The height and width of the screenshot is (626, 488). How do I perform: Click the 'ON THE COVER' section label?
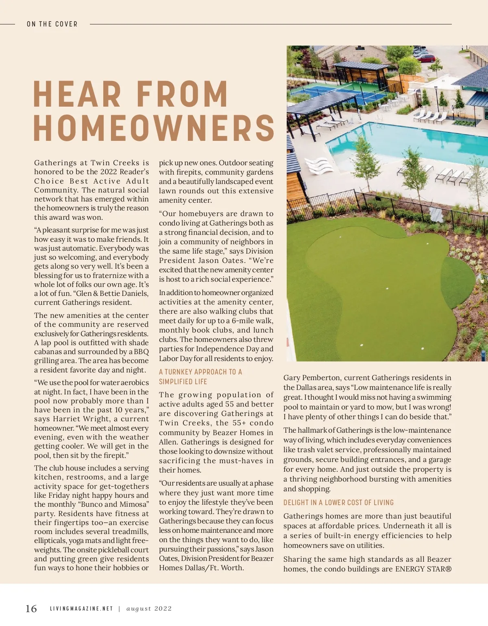tap(52, 24)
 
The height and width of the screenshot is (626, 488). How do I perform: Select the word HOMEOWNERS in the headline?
tap(154, 127)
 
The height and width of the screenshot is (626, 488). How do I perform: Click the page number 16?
tap(31, 608)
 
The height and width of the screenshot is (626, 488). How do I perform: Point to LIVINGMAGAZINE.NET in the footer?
tap(81, 609)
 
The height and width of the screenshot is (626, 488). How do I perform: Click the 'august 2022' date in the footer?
tap(149, 609)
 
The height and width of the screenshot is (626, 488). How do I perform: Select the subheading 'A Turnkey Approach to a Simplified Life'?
tap(200, 376)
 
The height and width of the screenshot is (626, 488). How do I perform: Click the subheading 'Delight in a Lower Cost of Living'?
tap(338, 503)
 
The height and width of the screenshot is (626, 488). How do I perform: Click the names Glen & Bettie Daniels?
tap(113, 293)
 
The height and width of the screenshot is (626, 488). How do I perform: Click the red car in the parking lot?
tap(426, 59)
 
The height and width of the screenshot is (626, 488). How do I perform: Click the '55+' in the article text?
tap(237, 423)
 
